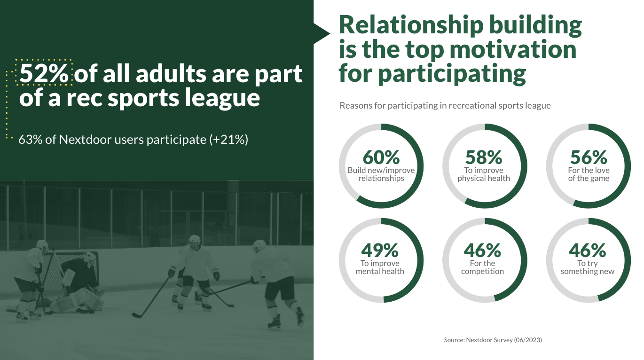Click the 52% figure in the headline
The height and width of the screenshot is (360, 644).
pyautogui.click(x=44, y=73)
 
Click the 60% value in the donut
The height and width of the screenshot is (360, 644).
pyautogui.click(x=381, y=157)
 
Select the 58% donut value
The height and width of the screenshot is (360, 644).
pyautogui.click(x=484, y=157)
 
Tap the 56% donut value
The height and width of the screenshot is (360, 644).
pyautogui.click(x=588, y=157)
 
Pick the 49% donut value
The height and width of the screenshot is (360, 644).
pyautogui.click(x=380, y=250)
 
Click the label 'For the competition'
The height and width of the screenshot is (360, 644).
pyautogui.click(x=482, y=267)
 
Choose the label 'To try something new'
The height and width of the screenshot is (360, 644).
pyautogui.click(x=588, y=267)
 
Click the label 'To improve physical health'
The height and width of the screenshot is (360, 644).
pyautogui.click(x=484, y=174)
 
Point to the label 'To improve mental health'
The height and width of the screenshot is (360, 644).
pyautogui.click(x=380, y=267)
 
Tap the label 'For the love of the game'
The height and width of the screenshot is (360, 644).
pyautogui.click(x=588, y=174)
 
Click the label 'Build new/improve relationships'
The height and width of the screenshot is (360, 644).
pyautogui.click(x=381, y=174)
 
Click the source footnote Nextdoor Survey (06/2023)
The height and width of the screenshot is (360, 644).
pyautogui.click(x=493, y=339)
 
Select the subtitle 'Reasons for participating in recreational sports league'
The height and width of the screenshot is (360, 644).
pyautogui.click(x=445, y=106)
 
